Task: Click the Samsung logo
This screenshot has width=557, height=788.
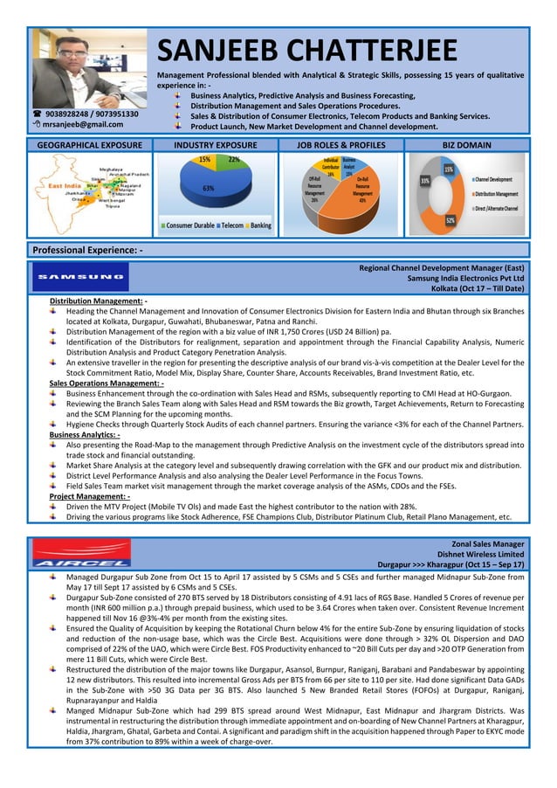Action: tap(79, 277)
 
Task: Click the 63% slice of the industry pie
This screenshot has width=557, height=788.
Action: tap(209, 188)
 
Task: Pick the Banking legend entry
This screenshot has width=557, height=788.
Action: tap(260, 226)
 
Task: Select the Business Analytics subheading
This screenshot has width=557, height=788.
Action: tap(85, 433)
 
